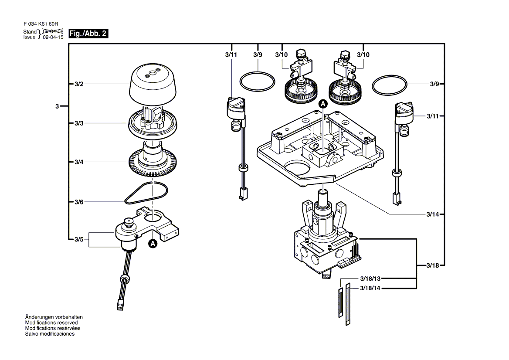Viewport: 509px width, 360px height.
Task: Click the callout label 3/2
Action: (x=78, y=83)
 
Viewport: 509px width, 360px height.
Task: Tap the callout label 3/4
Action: (x=78, y=162)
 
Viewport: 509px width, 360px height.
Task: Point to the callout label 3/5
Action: (x=78, y=239)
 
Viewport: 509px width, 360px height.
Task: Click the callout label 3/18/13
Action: (x=370, y=278)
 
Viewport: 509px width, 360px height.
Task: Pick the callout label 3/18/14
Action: (x=370, y=289)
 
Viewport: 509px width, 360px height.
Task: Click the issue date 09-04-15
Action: (x=53, y=37)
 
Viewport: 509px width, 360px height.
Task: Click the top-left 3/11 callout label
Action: (x=231, y=55)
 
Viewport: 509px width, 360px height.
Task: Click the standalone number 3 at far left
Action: (x=57, y=106)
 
